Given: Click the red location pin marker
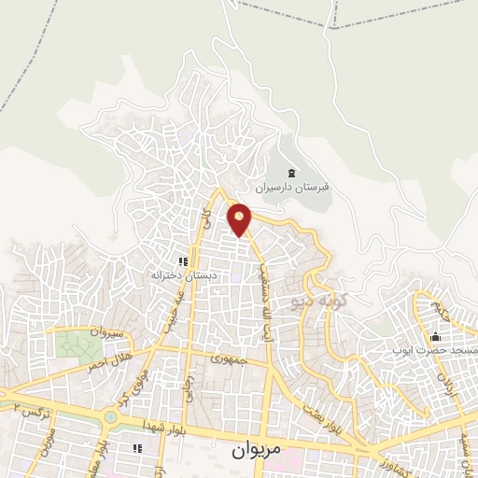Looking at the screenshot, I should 240,218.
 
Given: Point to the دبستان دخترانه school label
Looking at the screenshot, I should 176,275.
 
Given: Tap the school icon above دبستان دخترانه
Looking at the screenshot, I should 184,261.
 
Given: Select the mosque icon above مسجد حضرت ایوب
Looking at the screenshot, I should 434,336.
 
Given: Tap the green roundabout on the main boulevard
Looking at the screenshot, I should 111,419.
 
